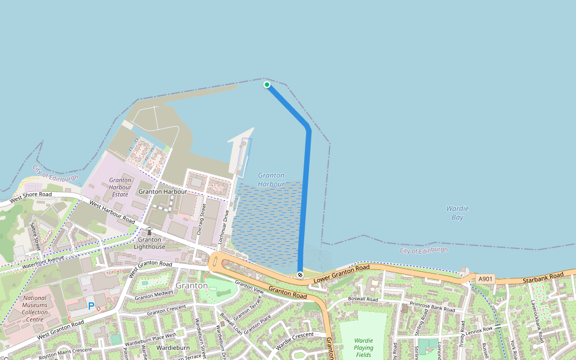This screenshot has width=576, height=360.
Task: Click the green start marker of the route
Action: tap(267, 85)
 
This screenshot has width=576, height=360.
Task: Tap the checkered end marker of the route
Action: tap(300, 275)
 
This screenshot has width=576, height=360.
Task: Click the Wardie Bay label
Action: tap(457, 212)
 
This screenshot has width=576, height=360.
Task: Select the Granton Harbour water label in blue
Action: tap(271, 179)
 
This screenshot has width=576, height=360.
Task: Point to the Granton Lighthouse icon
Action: tap(149, 232)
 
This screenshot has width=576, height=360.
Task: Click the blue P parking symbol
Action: tap(91, 306)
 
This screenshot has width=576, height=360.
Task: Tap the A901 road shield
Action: tap(485, 279)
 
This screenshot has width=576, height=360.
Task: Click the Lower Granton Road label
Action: tap(342, 272)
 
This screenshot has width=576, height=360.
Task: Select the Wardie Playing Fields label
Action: tap(364, 347)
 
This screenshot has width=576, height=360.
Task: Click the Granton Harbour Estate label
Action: tap(120, 187)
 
